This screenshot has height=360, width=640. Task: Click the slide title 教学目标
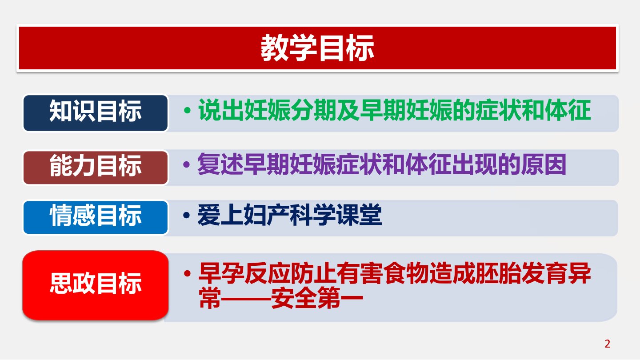click(317, 48)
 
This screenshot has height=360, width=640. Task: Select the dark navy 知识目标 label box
click(96, 113)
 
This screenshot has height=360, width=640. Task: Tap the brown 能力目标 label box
click(96, 168)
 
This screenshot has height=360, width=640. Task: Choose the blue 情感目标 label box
click(96, 217)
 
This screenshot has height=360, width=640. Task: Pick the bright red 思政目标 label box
click(96, 285)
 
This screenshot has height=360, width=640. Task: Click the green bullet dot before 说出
click(188, 111)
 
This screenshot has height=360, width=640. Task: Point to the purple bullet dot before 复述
click(186, 164)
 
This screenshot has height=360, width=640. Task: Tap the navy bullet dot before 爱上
click(186, 215)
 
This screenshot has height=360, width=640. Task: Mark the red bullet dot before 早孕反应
click(188, 273)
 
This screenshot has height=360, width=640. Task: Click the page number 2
click(608, 344)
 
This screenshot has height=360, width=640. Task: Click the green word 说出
click(221, 110)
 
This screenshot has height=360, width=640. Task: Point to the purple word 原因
click(543, 164)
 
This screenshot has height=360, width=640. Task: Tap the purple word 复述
click(220, 164)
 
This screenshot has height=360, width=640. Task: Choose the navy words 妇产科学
click(289, 215)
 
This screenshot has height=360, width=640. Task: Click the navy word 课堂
click(359, 215)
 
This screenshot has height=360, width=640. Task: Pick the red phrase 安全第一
click(317, 298)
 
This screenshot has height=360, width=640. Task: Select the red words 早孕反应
click(244, 273)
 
